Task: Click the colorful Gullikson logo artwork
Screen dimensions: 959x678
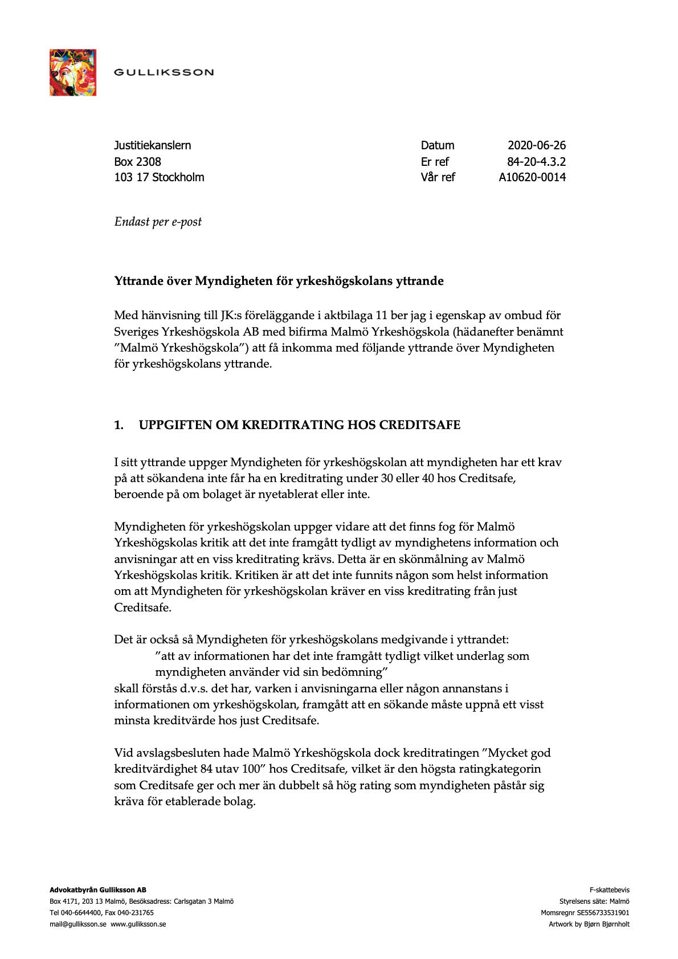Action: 72,72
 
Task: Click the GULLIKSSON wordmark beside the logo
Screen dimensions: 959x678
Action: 164,72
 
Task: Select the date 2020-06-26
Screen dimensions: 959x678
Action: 537,145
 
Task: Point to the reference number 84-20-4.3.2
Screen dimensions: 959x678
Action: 536,162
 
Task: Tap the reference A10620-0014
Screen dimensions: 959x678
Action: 532,177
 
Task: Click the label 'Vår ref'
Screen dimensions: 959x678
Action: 438,177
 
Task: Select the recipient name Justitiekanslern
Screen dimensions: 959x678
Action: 153,145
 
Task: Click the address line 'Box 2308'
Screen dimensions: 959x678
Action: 137,162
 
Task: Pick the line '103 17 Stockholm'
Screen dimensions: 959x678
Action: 159,177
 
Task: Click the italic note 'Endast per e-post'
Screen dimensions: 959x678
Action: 158,222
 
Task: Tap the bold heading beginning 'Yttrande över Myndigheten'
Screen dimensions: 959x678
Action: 279,281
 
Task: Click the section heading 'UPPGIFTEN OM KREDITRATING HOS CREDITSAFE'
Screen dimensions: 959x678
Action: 300,425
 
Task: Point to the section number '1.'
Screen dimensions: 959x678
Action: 119,425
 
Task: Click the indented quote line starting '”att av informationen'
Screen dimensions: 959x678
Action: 342,656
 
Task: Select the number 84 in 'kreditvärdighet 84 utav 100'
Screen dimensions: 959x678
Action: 206,769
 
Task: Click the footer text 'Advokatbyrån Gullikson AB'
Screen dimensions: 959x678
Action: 98,890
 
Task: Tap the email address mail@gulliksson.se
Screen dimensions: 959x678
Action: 78,924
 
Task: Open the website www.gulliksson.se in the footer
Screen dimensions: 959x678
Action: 138,924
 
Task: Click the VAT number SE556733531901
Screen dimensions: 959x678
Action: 603,913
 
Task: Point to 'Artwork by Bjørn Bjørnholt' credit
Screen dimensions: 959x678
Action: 589,924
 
